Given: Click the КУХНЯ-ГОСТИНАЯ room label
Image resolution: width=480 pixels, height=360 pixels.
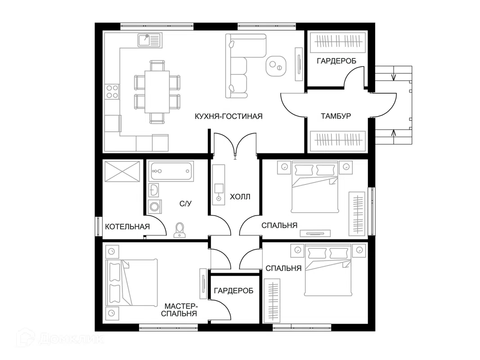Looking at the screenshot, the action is [229, 117].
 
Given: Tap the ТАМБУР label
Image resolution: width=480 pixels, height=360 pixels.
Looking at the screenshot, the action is [336, 116].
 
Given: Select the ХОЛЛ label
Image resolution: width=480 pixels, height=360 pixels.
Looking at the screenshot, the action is [240, 197].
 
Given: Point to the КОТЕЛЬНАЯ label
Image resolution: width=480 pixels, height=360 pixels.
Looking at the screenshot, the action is [127, 226].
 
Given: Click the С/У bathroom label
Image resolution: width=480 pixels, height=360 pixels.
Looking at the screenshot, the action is [185, 203].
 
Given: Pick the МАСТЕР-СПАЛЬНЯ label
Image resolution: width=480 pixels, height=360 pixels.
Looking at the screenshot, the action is [179, 310].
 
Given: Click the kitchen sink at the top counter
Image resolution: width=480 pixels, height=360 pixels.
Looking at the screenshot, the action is [149, 40].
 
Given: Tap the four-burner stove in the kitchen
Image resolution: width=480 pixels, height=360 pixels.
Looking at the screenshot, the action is [112, 91].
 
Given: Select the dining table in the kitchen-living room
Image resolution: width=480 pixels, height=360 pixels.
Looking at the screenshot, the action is [157, 92].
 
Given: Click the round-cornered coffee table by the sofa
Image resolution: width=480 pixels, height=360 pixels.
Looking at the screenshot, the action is [276, 66].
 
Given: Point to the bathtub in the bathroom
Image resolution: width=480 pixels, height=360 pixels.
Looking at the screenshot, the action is [171, 171].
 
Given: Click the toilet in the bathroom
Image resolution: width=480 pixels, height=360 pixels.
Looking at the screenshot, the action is [179, 230].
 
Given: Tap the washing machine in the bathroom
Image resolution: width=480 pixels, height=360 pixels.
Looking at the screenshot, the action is [155, 207].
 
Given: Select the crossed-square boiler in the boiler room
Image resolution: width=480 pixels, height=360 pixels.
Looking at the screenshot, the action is [122, 171].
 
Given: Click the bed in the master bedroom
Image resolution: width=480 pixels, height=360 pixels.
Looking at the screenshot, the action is [131, 283].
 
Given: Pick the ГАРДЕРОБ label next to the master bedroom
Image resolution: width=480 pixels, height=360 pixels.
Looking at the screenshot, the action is [234, 291].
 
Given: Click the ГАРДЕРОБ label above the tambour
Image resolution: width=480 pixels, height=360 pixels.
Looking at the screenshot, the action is [336, 61].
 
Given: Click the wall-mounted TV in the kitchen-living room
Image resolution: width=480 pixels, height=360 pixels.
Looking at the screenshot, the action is [298, 64].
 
